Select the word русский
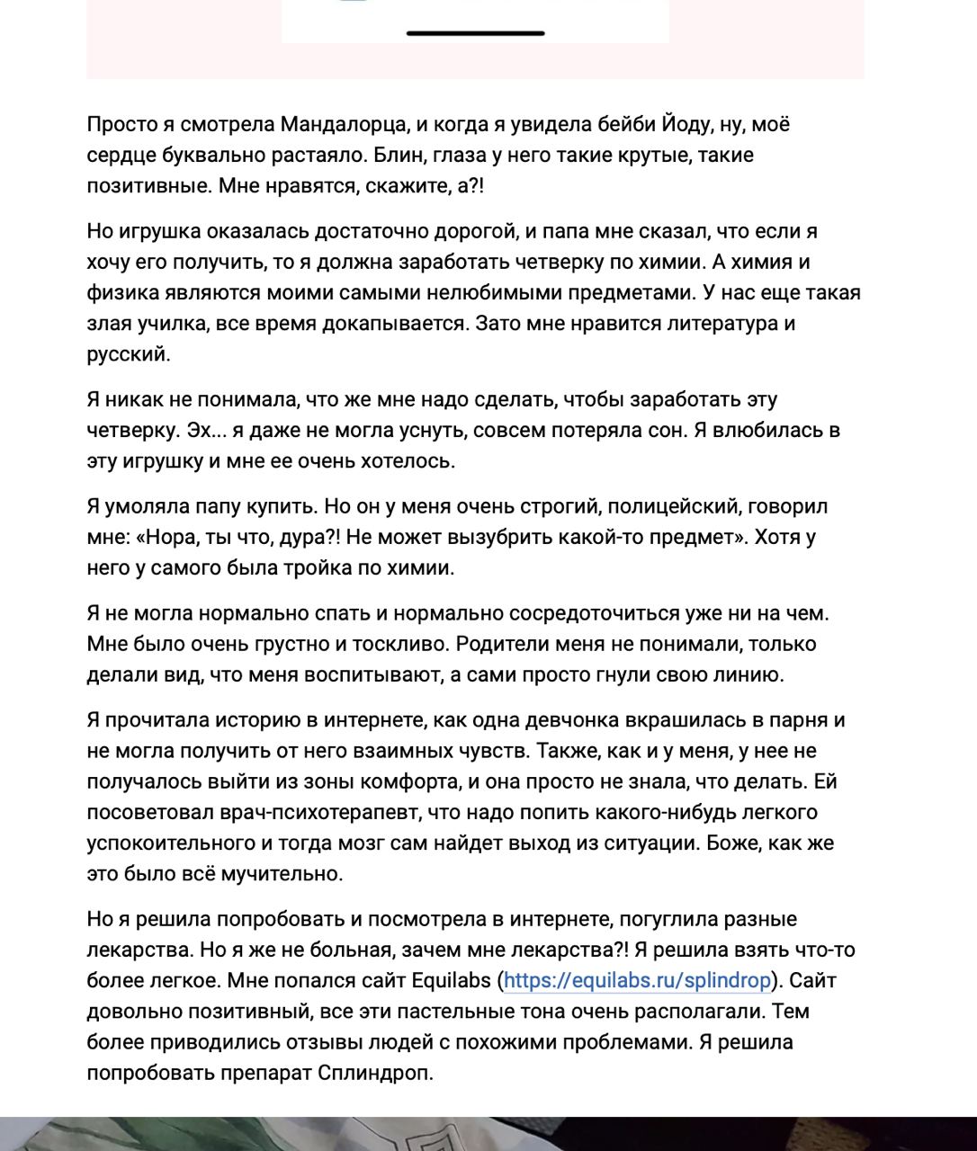tap(128, 353)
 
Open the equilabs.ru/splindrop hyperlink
tap(637, 980)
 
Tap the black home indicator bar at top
tap(475, 33)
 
